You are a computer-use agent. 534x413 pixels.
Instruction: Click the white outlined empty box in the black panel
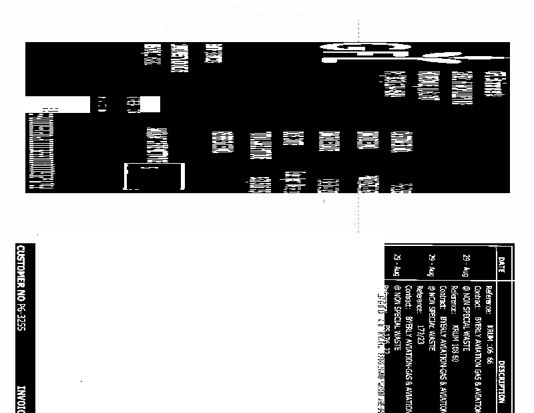154,176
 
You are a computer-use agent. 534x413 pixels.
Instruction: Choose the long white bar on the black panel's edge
57,105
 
